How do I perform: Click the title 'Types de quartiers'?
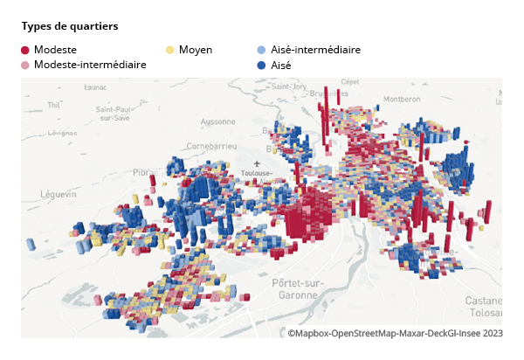click(x=69, y=26)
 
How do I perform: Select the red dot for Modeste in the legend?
click(x=25, y=51)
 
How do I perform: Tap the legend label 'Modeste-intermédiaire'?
click(x=90, y=65)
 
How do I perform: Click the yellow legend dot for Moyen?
click(x=170, y=51)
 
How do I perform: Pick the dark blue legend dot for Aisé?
click(x=262, y=66)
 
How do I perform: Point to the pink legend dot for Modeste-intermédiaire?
click(x=25, y=66)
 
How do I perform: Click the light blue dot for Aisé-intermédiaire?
click(x=262, y=51)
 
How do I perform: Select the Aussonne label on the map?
click(x=217, y=121)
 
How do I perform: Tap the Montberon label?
click(x=402, y=99)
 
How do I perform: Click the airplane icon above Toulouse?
click(x=257, y=163)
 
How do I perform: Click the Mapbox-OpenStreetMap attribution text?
click(x=395, y=333)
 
